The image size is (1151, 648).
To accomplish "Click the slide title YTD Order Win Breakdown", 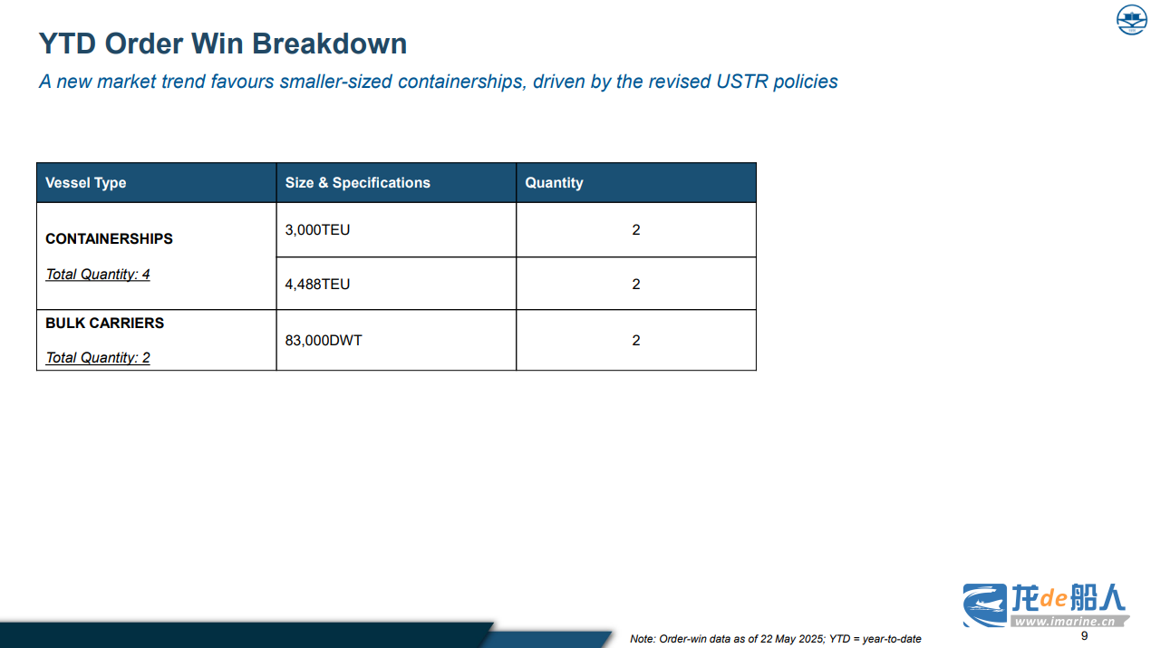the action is point(222,44).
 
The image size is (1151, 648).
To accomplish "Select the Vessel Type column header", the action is point(86,182).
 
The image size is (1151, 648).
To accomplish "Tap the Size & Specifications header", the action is point(358,182).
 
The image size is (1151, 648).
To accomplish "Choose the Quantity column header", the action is point(554,182).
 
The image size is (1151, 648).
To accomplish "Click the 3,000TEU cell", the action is point(317,229).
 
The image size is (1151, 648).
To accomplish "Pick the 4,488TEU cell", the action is point(317,285).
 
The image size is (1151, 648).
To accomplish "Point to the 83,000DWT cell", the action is point(324,340).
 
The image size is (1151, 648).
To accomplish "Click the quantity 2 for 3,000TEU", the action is point(636,229).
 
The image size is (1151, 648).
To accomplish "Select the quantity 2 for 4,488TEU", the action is point(636,285).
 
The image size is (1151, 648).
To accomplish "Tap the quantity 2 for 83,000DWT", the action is point(636,340).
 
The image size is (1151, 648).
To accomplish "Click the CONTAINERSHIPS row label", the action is point(109,238).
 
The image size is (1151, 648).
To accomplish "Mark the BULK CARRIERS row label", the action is point(105,323).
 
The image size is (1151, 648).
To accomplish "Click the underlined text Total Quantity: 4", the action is point(98,275).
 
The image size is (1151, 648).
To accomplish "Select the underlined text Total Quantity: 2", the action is point(98,358).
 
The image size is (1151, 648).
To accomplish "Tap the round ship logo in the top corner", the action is point(1131,20).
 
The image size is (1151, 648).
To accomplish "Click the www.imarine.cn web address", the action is point(1065,622).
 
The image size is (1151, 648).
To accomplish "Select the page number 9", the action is point(1084,636).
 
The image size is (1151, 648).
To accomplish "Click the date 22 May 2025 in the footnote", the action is point(793,639).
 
